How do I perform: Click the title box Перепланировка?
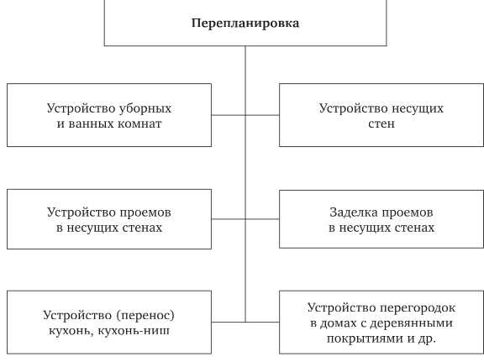[245, 23]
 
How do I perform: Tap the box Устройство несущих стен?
[381, 116]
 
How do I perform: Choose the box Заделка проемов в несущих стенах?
[381, 219]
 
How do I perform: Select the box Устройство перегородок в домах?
[381, 322]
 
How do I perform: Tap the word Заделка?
[352, 212]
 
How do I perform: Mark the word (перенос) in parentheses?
[145, 315]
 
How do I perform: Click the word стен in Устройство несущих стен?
[381, 123]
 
